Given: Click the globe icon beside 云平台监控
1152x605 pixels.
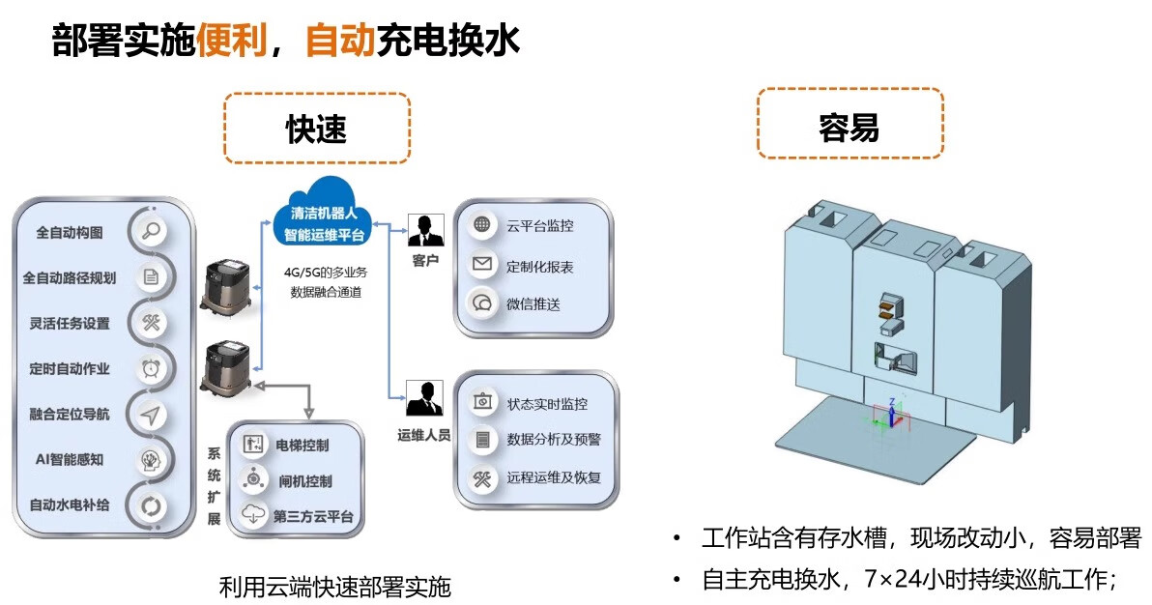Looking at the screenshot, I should point(482,226).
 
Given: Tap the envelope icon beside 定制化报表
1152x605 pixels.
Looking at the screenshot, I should point(482,265).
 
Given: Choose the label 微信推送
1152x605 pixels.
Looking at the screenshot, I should point(533,303).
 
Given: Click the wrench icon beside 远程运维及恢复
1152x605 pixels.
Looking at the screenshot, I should point(482,477).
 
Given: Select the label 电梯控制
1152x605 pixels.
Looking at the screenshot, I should point(302,446).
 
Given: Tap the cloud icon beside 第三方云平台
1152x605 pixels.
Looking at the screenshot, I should point(253,515).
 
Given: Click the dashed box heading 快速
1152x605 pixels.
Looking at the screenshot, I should point(317,129).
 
